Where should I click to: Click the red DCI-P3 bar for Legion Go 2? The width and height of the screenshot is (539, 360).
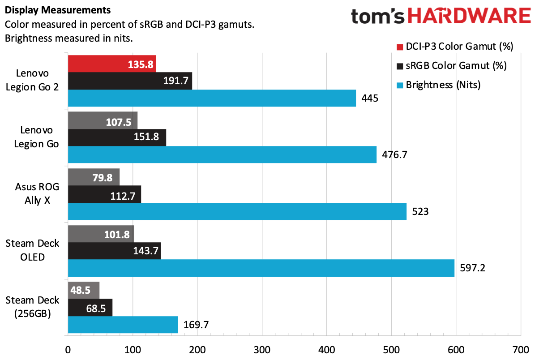(x=112, y=64)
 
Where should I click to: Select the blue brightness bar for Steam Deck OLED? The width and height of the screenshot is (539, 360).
(x=261, y=268)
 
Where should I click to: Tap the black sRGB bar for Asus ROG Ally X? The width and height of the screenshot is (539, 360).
(x=104, y=194)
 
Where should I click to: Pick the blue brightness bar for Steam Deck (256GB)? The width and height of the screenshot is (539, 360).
(x=123, y=324)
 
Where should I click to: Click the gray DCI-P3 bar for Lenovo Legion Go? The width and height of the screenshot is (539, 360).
(x=103, y=120)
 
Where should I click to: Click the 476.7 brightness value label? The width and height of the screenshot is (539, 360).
(x=395, y=155)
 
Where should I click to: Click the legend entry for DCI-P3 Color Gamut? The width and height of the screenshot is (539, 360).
(x=454, y=47)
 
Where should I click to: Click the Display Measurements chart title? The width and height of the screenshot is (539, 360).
(x=43, y=9)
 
